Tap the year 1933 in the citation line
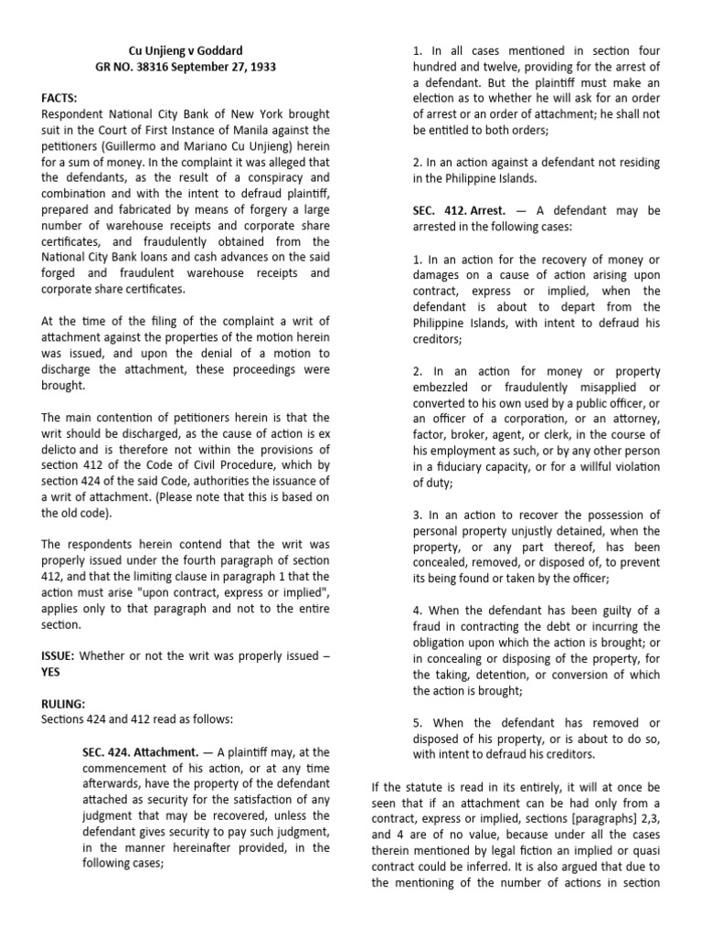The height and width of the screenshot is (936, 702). (257, 67)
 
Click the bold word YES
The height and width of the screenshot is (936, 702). (54, 673)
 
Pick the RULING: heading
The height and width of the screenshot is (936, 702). (66, 704)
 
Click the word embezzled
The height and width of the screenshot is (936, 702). (444, 387)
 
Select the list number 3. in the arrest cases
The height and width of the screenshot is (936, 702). (417, 515)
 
